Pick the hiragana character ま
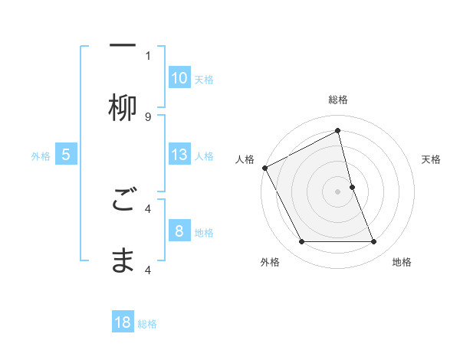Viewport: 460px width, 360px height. coord(123,261)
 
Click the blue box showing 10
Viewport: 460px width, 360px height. coord(179,78)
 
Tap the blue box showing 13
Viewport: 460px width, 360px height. coord(179,155)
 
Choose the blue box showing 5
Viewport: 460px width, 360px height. coord(66,155)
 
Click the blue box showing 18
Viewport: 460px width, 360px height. coord(123,322)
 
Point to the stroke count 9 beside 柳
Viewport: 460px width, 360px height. coord(148,116)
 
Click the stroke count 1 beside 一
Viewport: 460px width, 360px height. coord(148,55)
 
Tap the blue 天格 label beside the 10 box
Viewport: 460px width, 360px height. coord(204,79)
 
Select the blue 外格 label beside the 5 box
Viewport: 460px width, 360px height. coord(41,155)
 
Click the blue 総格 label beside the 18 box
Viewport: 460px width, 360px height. coord(147,324)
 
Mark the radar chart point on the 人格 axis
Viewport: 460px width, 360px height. coord(264,168)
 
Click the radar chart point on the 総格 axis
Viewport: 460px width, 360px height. coord(338,130)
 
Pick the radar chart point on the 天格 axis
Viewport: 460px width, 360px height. coord(352,187)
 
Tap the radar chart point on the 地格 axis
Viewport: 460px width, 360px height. coord(374,242)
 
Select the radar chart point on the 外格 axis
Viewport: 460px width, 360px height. coord(301,242)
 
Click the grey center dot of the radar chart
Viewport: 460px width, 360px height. coord(338,191)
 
